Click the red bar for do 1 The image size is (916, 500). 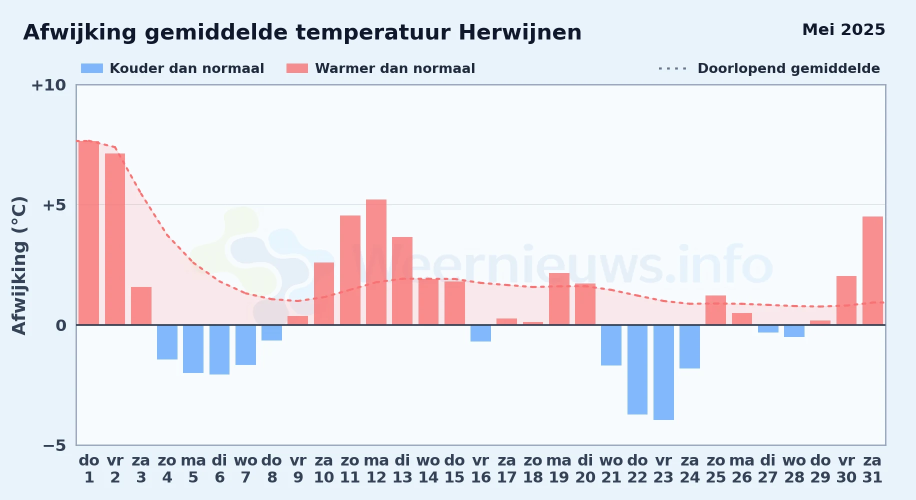(x=89, y=233)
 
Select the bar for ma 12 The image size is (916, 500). (x=376, y=262)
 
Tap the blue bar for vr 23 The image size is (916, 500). (x=663, y=372)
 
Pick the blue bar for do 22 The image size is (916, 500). (x=637, y=370)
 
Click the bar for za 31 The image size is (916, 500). (x=872, y=270)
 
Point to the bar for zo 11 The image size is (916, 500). (x=350, y=270)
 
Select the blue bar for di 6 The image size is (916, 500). (x=219, y=350)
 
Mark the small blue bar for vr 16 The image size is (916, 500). (x=480, y=333)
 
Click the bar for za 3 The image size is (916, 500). (x=141, y=306)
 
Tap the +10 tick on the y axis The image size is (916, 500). (x=48, y=85)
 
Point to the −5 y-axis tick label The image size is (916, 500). (x=54, y=445)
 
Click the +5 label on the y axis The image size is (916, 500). (x=54, y=205)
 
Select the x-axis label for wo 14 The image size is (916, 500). (x=428, y=469)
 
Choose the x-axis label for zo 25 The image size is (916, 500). (x=716, y=469)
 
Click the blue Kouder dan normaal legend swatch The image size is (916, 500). (x=92, y=68)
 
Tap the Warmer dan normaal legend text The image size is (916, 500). (x=395, y=68)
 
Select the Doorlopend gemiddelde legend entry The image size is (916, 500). (x=769, y=68)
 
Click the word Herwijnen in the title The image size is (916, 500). (x=520, y=33)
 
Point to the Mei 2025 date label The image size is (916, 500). (x=843, y=30)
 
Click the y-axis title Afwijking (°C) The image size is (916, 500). (x=19, y=265)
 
